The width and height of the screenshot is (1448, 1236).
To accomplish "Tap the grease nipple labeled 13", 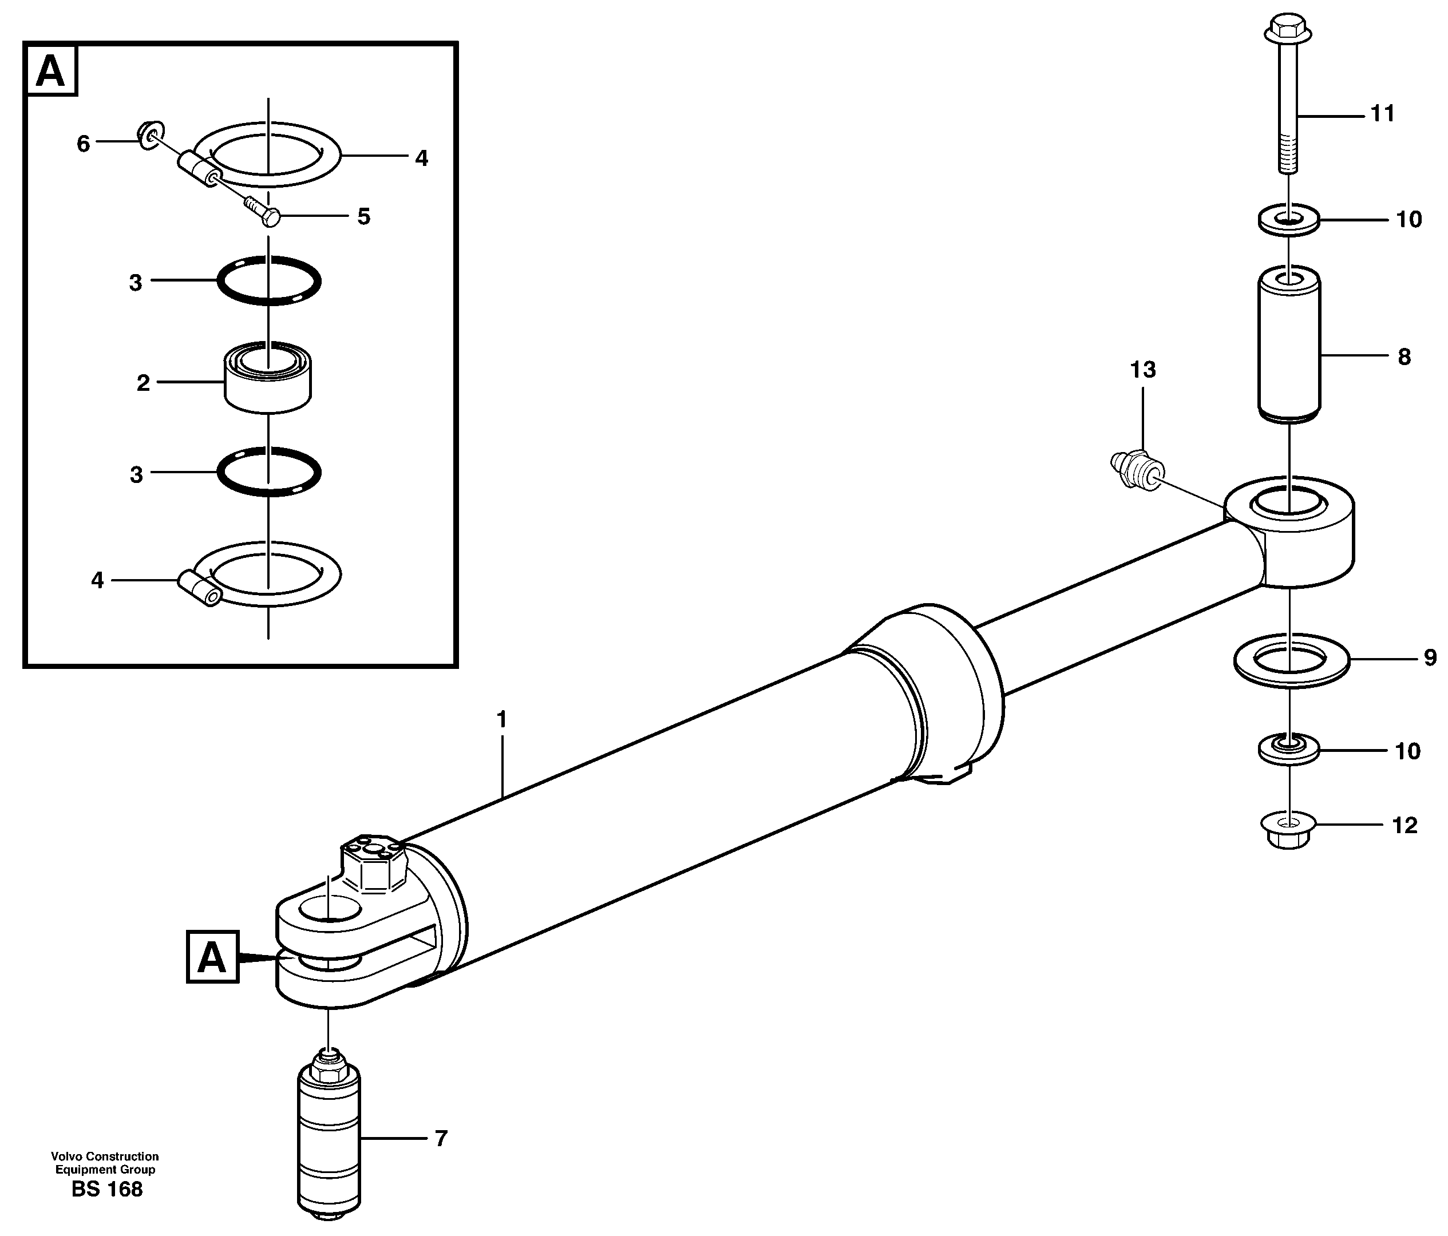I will coord(1137,472).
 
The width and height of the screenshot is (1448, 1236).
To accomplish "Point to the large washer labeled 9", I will coord(1291,660).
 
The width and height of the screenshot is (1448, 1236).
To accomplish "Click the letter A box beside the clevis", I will coord(212,957).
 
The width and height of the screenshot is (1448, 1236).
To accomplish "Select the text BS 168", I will coord(107,1189).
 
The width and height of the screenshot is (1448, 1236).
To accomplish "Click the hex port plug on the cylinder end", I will coord(372,863).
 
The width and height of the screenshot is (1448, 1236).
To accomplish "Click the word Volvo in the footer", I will coord(66,1156).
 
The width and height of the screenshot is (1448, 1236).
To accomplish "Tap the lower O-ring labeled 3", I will coord(269,472).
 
